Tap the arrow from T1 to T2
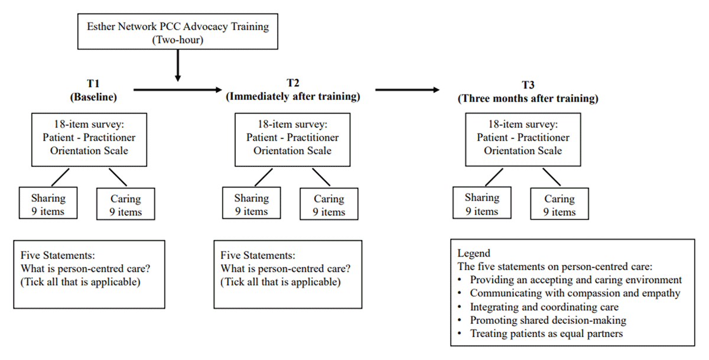[177, 90]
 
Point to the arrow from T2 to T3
[408, 90]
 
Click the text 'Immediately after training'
[292, 96]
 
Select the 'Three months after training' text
[528, 99]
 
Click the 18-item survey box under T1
[89, 141]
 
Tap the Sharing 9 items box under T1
[48, 203]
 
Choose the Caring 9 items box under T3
[560, 205]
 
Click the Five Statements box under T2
[287, 274]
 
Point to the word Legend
[474, 253]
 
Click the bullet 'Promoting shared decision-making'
[548, 320]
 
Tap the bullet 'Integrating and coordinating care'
[544, 307]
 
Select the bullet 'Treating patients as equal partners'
[547, 333]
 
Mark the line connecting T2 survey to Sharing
[262, 177]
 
